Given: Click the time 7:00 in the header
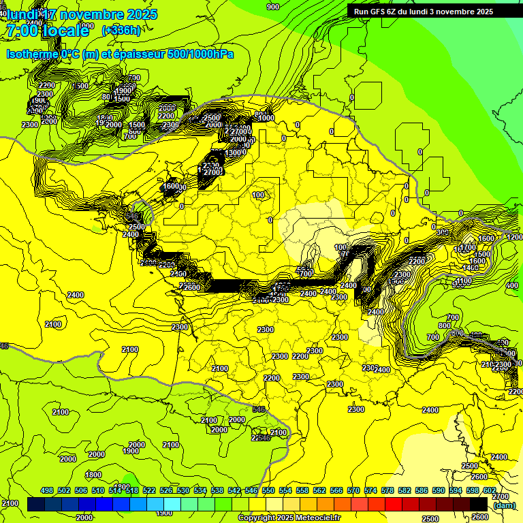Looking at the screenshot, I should click(x=22, y=30).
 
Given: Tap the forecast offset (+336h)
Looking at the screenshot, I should click(x=121, y=30).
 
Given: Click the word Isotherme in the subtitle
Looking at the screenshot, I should click(x=31, y=53).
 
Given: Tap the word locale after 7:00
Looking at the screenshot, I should click(x=65, y=30).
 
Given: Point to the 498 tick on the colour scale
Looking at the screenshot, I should click(x=47, y=490).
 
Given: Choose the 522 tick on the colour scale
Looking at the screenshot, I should click(x=150, y=490).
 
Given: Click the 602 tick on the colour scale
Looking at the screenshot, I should click(x=489, y=490).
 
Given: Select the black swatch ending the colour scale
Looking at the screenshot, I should click(x=479, y=503).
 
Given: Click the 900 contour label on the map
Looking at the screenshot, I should click(x=273, y=7).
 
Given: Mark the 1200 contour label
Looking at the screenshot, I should click(x=515, y=237).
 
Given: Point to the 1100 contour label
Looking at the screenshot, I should click(x=464, y=281).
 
